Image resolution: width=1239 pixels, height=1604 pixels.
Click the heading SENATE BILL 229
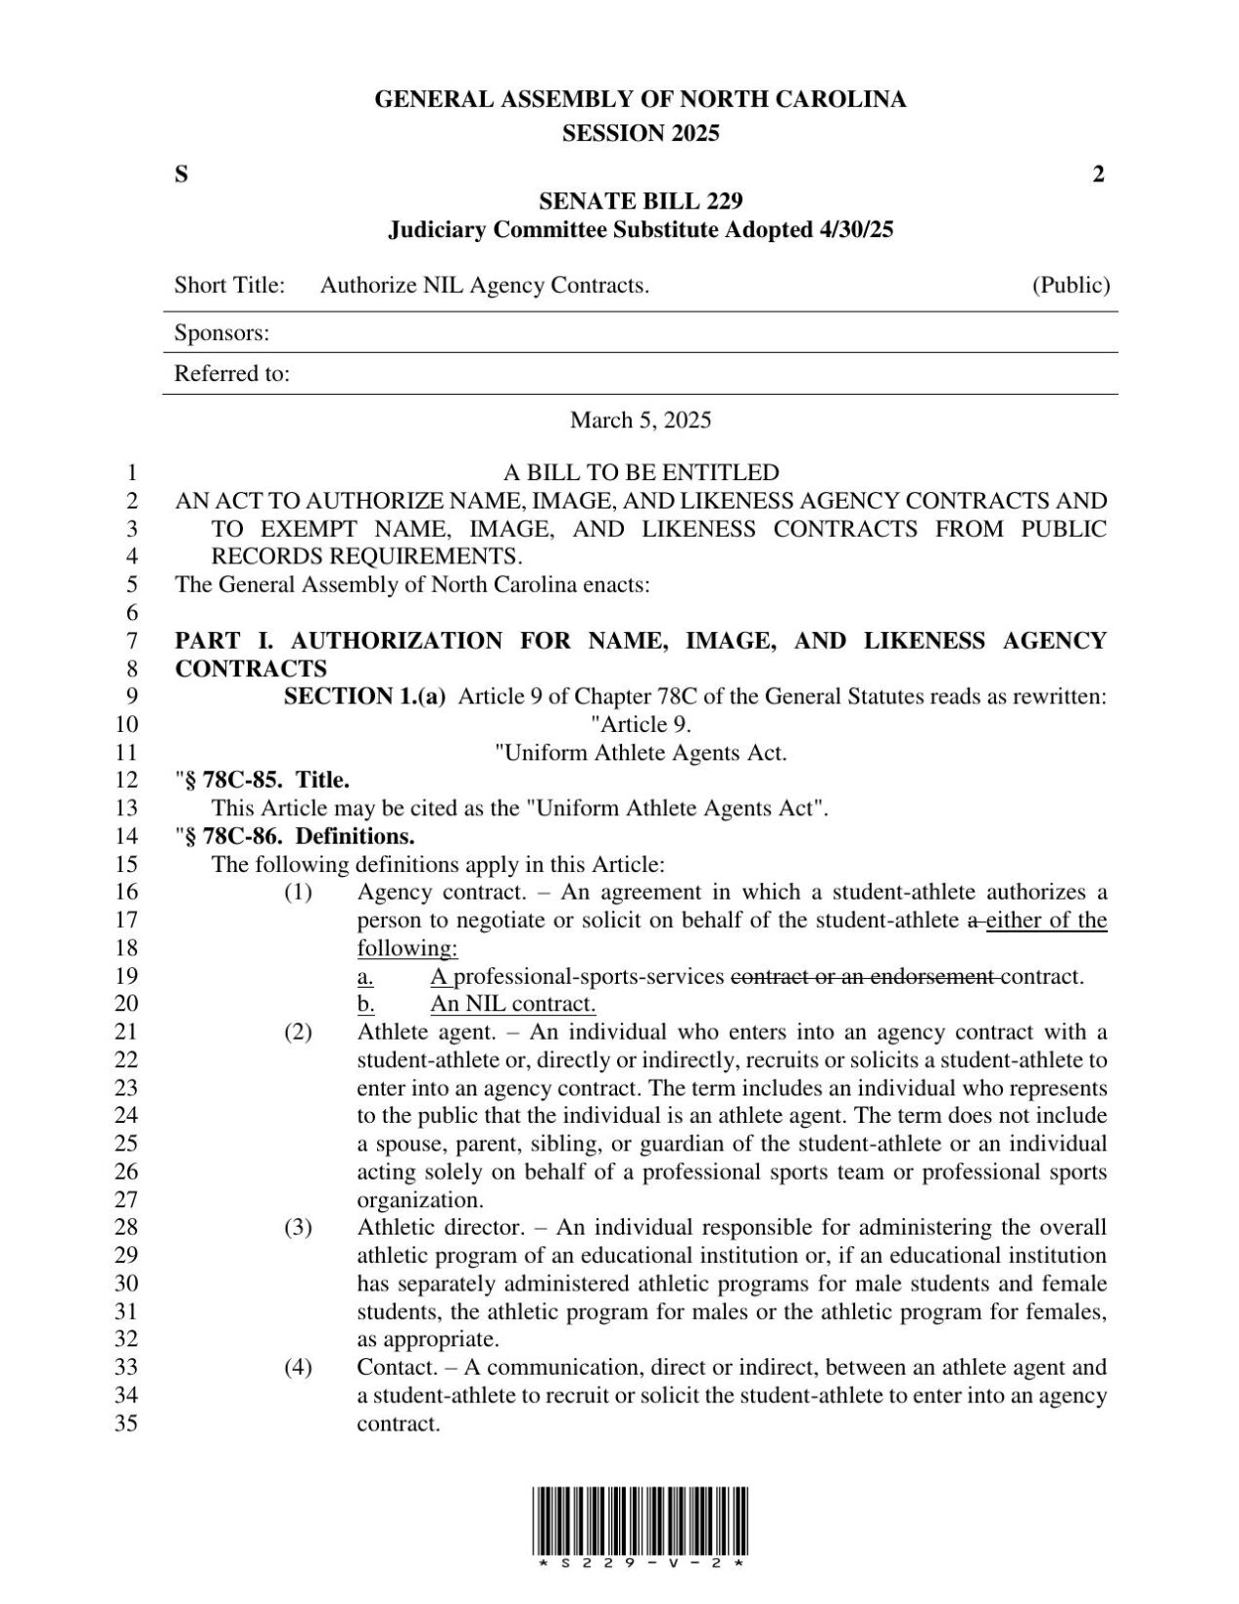[x=641, y=201]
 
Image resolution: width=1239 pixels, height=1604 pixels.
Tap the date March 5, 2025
[x=641, y=420]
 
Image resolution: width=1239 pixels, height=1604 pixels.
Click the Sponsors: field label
[x=221, y=333]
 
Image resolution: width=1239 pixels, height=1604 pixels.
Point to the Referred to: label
[x=231, y=374]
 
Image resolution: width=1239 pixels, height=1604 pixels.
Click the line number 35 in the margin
[x=127, y=1424]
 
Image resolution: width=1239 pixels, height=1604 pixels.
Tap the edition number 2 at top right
[x=1098, y=174]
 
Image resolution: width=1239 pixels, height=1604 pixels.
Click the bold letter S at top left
[x=181, y=174]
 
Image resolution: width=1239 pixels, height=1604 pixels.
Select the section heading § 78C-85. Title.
[x=265, y=780]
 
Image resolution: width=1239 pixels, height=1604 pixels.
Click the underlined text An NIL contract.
[x=512, y=1003]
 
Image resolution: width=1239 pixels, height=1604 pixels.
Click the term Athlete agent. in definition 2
[x=409, y=1032]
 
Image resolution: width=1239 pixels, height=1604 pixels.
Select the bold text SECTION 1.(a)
[x=364, y=697]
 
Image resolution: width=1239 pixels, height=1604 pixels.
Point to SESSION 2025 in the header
[x=641, y=134]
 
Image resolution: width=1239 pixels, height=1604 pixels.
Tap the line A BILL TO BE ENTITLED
[x=641, y=472]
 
